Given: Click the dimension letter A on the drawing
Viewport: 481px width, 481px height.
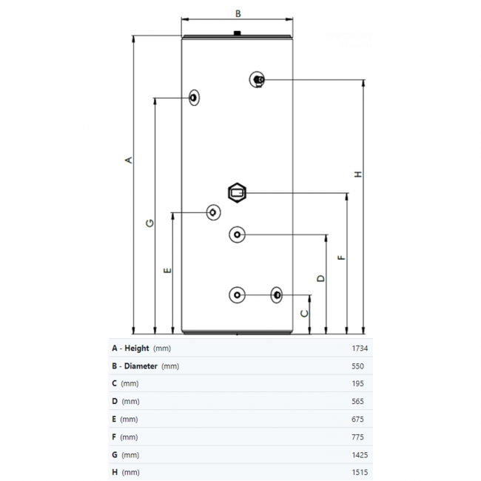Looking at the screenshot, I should [128, 160].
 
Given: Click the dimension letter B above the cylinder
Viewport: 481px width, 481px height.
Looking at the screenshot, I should [238, 13].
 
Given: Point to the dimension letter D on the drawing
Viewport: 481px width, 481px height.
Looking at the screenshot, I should [320, 278].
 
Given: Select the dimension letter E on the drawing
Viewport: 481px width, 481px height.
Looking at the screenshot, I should [167, 270].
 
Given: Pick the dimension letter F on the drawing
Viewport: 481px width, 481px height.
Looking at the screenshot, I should [341, 258].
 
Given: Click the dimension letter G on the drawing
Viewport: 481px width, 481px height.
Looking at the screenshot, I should [149, 223].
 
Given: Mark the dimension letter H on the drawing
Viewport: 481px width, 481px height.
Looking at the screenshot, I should [358, 175].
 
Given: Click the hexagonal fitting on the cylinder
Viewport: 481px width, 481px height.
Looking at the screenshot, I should [238, 192].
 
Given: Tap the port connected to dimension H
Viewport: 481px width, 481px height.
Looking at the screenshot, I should [257, 80].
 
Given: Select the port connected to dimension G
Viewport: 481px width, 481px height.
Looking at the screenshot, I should [194, 97].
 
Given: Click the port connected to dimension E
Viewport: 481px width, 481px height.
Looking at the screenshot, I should [213, 212].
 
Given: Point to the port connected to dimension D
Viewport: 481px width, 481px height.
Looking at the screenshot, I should [237, 235].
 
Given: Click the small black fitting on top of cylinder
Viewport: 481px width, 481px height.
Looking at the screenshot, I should [237, 33].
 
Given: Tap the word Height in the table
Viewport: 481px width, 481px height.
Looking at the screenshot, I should [137, 348].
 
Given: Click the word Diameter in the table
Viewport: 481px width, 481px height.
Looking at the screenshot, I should [141, 366].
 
